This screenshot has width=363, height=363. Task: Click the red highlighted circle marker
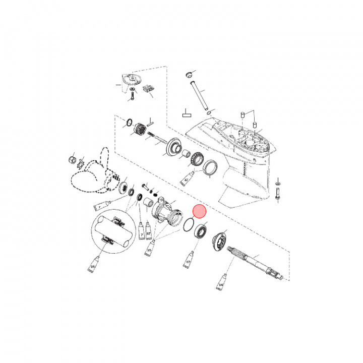click(201, 212)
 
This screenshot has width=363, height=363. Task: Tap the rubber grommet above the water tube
click(190, 75)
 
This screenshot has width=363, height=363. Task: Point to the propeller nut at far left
click(71, 161)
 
